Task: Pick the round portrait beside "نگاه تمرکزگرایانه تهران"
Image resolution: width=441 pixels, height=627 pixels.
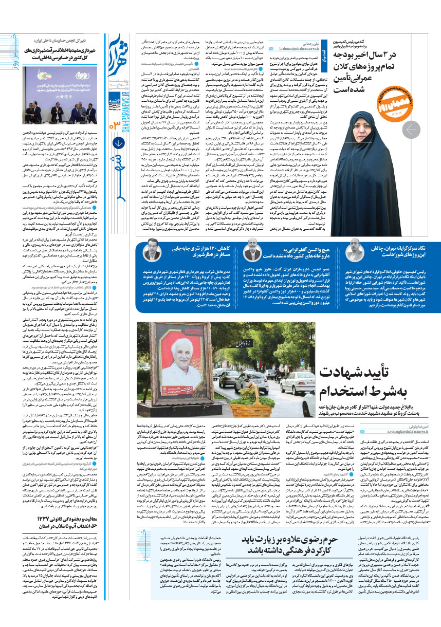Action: coord(354,250)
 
